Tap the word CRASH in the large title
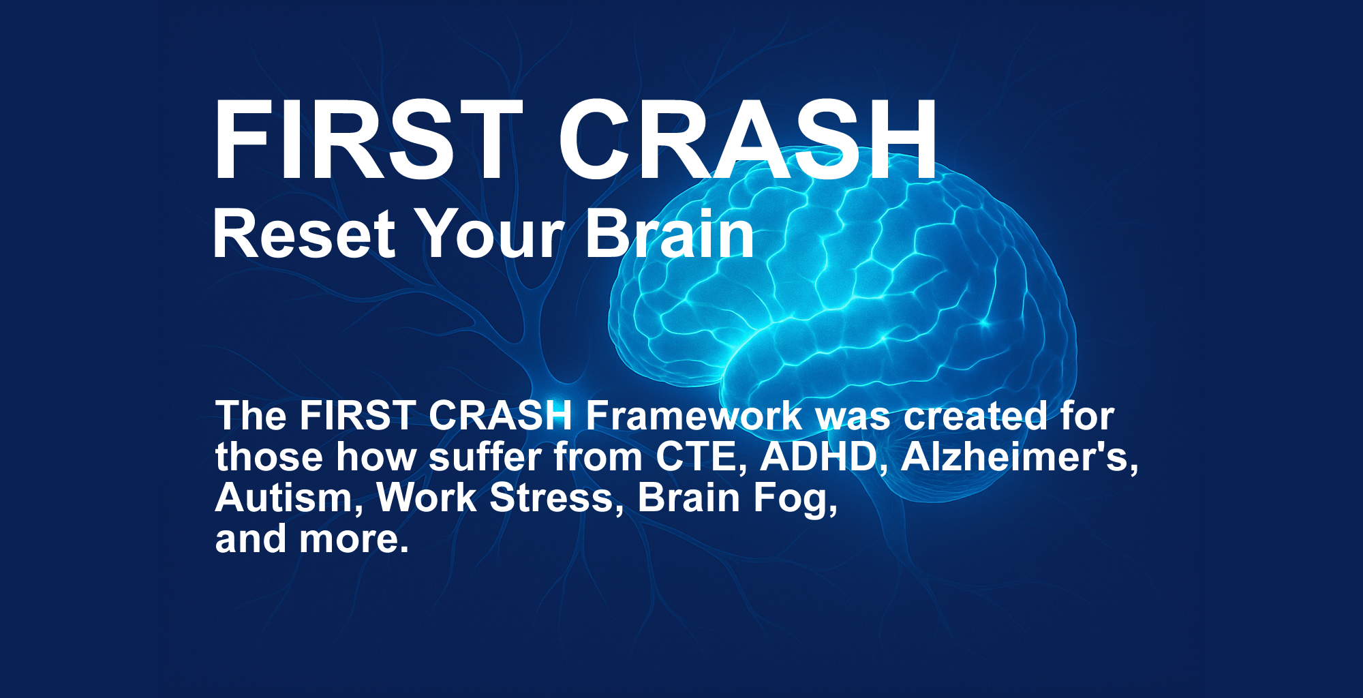pos(748,139)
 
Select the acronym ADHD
pos(818,457)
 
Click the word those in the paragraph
pos(269,457)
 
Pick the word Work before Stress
pos(426,498)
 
